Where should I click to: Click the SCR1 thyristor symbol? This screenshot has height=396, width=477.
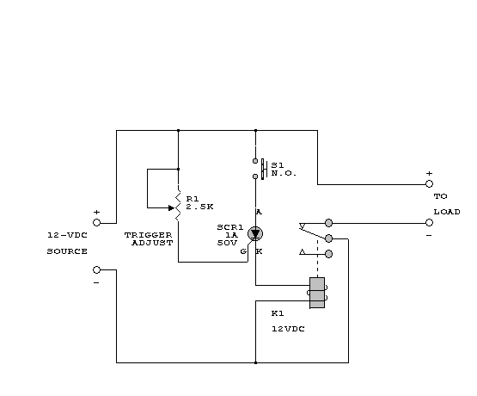pyautogui.click(x=255, y=233)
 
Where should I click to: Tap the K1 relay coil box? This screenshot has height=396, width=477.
pyautogui.click(x=317, y=293)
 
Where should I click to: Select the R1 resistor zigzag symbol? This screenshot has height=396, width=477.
pyautogui.click(x=178, y=205)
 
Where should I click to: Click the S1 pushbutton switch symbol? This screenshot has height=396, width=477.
pyautogui.click(x=260, y=169)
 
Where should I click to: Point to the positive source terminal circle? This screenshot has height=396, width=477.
pyautogui.click(x=96, y=223)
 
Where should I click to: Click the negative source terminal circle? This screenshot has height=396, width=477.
pyautogui.click(x=96, y=269)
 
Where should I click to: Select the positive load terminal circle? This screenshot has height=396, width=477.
pyautogui.click(x=429, y=183)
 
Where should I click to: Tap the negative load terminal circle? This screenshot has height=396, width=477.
pyautogui.click(x=429, y=223)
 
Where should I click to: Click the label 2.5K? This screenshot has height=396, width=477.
pyautogui.click(x=199, y=207)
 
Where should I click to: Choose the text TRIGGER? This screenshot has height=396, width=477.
pyautogui.click(x=148, y=235)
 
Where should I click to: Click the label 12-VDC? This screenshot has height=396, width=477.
pyautogui.click(x=67, y=235)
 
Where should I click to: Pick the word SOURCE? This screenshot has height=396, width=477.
pyautogui.click(x=67, y=251)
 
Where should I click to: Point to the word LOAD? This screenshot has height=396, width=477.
pyautogui.click(x=447, y=212)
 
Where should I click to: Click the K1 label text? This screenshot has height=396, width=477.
pyautogui.click(x=278, y=313)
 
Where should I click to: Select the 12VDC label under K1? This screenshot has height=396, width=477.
pyautogui.click(x=288, y=329)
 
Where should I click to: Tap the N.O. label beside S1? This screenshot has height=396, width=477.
pyautogui.click(x=284, y=173)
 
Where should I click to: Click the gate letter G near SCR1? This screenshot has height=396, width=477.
pyautogui.click(x=243, y=251)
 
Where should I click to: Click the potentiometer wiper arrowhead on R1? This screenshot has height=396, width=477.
pyautogui.click(x=172, y=208)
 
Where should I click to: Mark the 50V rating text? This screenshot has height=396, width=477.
pyautogui.click(x=227, y=243)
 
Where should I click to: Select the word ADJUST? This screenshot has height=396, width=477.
pyautogui.click(x=152, y=243)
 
